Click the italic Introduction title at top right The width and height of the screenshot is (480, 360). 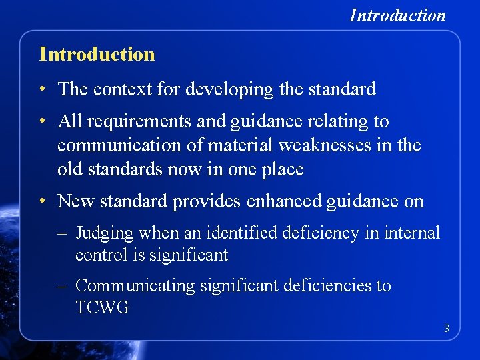pyautogui.click(x=397, y=15)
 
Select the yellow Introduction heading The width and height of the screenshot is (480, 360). pyautogui.click(x=97, y=54)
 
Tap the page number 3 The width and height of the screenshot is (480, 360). pyautogui.click(x=447, y=328)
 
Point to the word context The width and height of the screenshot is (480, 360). pyautogui.click(x=123, y=89)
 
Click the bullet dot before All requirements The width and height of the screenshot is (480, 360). pyautogui.click(x=42, y=122)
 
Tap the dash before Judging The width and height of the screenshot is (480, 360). pyautogui.click(x=63, y=234)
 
